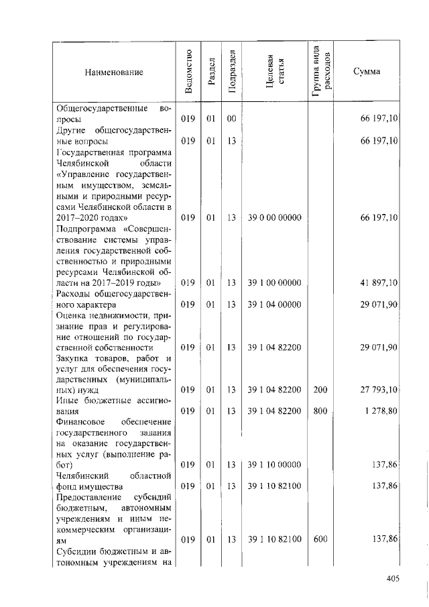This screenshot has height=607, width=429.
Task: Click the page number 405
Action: tap(392, 579)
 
